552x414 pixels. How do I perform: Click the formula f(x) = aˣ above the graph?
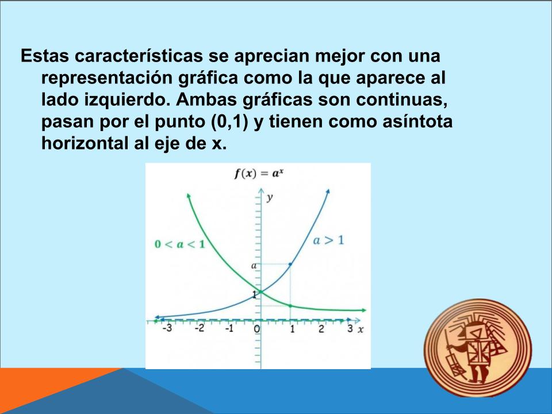coord(259,174)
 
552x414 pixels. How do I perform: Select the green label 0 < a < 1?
coord(180,244)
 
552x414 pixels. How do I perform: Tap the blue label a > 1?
coord(328,240)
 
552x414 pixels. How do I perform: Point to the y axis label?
coord(270,198)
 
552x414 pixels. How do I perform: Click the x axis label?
coord(361,330)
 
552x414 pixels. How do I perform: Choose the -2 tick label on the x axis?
coord(200,328)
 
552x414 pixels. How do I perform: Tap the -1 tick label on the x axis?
coord(229,328)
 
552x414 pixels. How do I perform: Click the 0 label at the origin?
coord(257,329)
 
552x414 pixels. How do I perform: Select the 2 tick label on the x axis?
coord(321,329)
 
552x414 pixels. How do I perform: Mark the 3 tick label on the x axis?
coord(350,328)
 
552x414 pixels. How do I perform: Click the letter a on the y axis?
coord(254,266)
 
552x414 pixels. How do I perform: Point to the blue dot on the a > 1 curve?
coord(290,264)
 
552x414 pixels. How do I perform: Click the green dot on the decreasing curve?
coord(290,306)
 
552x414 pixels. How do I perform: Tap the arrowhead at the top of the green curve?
coord(189,195)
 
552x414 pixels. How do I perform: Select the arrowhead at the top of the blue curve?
coord(328,191)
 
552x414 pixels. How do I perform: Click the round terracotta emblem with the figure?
coord(478,348)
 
